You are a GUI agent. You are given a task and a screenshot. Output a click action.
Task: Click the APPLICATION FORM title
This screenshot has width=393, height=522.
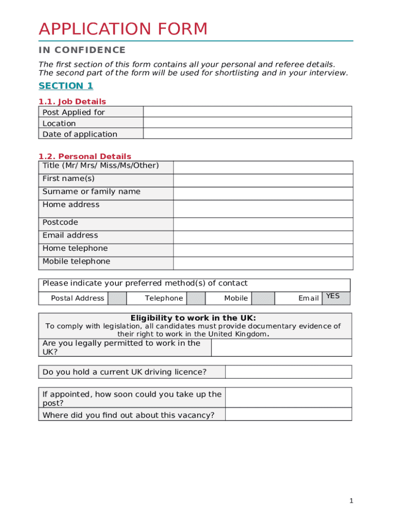(x=124, y=29)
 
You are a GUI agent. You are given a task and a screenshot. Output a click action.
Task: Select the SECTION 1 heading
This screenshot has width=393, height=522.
(x=66, y=86)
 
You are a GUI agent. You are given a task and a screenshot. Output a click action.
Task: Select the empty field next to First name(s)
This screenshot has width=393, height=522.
(x=263, y=180)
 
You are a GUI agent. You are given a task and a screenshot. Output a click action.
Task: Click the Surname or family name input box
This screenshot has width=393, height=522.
(x=263, y=193)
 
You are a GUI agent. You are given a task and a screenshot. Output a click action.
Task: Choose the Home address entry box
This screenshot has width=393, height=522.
(x=263, y=208)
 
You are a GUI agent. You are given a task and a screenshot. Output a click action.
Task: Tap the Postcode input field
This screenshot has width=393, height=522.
(x=263, y=224)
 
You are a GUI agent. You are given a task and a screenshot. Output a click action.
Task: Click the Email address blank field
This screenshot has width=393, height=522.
(x=263, y=237)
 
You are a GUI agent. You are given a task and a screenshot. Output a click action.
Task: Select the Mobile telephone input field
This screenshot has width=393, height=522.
(x=263, y=263)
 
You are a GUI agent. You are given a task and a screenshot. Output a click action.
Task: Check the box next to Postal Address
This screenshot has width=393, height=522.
(x=117, y=298)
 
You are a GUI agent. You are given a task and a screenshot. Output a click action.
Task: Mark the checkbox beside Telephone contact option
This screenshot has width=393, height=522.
(x=195, y=298)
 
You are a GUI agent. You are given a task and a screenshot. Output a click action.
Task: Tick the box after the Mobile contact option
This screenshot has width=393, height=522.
(x=263, y=298)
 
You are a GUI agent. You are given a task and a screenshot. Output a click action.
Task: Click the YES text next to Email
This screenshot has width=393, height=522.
(x=333, y=296)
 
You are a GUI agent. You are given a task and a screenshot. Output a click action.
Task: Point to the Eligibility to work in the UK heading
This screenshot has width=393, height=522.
(x=193, y=318)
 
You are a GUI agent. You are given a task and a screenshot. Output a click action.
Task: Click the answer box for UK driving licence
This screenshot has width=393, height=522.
(x=288, y=372)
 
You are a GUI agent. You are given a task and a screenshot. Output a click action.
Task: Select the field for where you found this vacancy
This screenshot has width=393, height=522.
(x=288, y=414)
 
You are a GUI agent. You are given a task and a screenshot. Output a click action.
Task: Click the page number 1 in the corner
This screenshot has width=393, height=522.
(x=351, y=501)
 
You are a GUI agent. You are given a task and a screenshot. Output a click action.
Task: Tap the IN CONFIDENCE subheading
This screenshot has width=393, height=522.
(x=82, y=50)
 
